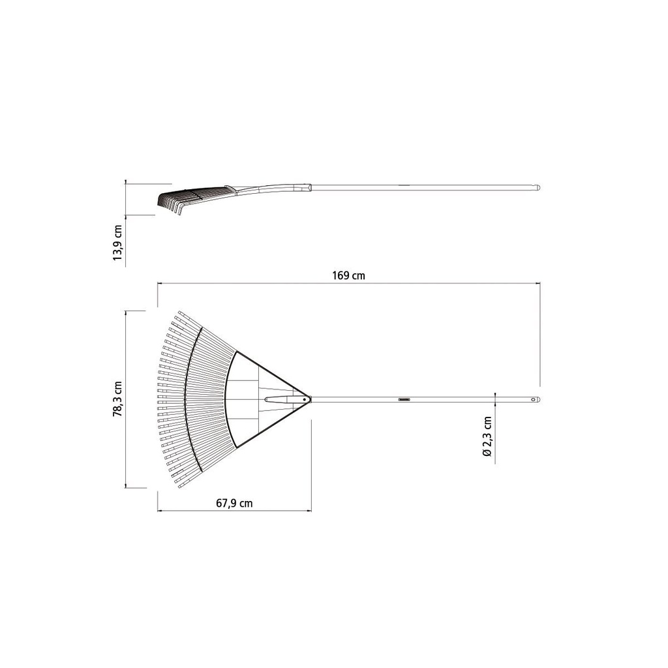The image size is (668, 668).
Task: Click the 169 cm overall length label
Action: (x=348, y=276)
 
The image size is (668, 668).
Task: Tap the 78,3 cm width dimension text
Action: (x=117, y=399)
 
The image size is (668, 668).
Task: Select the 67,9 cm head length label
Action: (x=234, y=504)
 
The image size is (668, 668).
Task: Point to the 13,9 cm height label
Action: (x=117, y=243)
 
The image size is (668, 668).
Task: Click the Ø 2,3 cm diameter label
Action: (x=487, y=436)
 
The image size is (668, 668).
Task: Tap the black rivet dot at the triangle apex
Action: (x=305, y=400)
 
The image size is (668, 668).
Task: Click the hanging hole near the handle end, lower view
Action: (x=532, y=400)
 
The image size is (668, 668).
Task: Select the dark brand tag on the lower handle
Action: (x=403, y=400)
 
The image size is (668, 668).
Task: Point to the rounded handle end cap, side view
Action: (x=538, y=187)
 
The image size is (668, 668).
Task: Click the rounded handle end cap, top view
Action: (x=538, y=400)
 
